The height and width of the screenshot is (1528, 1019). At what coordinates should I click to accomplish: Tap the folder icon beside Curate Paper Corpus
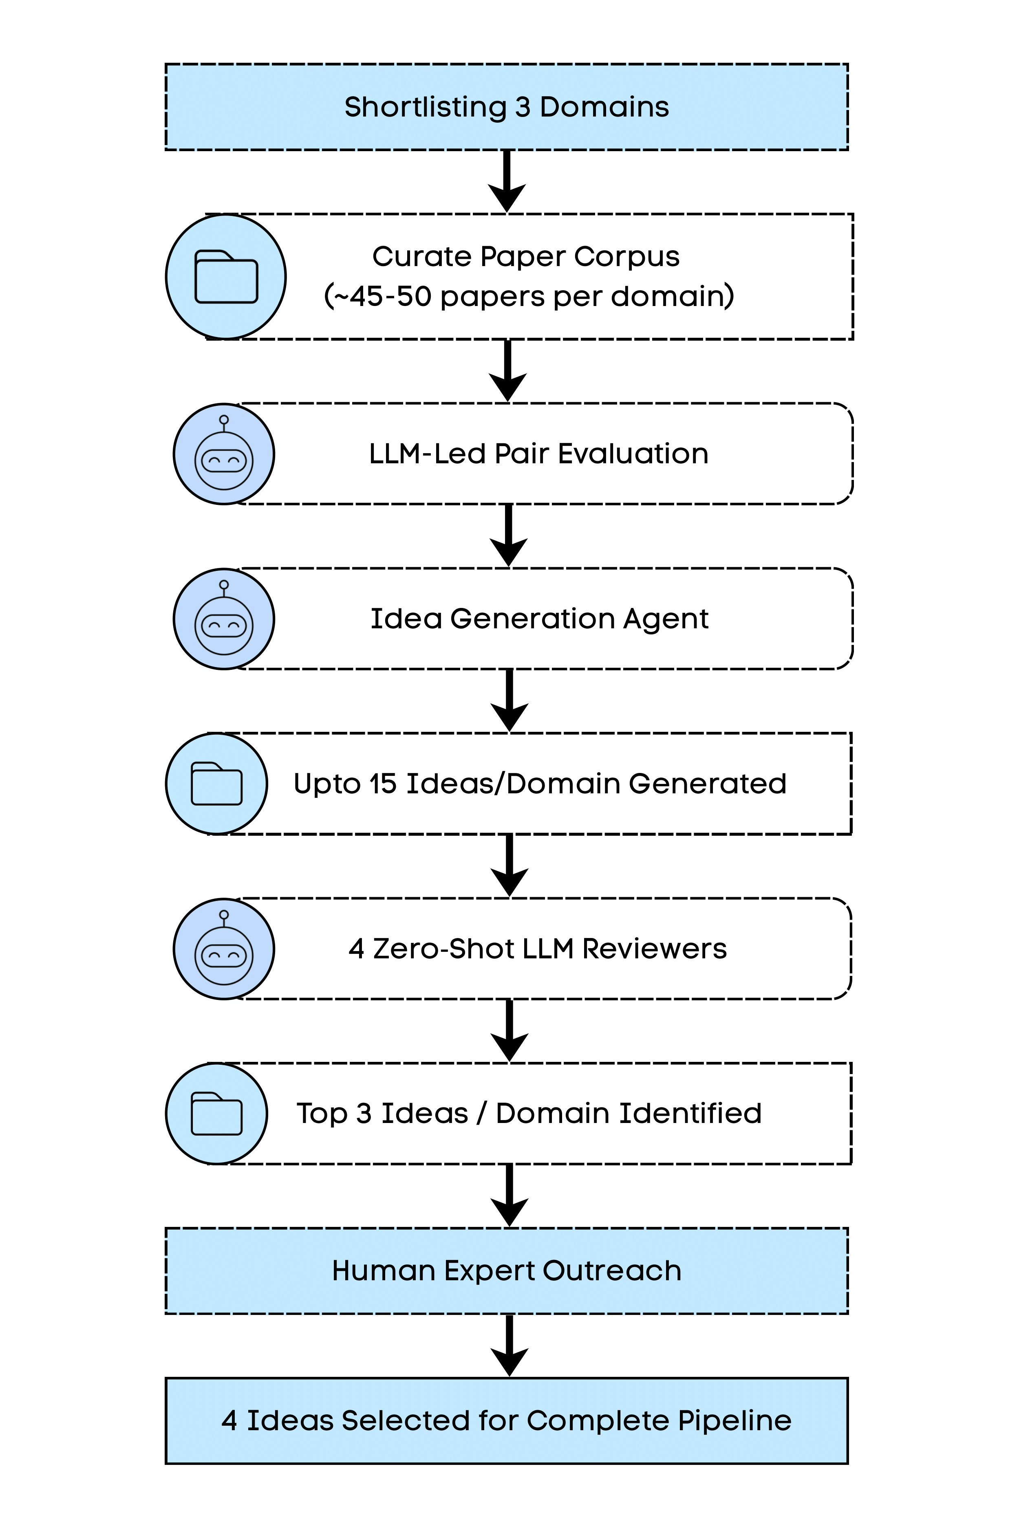tap(226, 277)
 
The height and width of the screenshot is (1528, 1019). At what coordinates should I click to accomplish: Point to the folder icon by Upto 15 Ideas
tap(216, 784)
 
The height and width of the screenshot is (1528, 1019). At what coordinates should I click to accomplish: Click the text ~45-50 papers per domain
tap(529, 296)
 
